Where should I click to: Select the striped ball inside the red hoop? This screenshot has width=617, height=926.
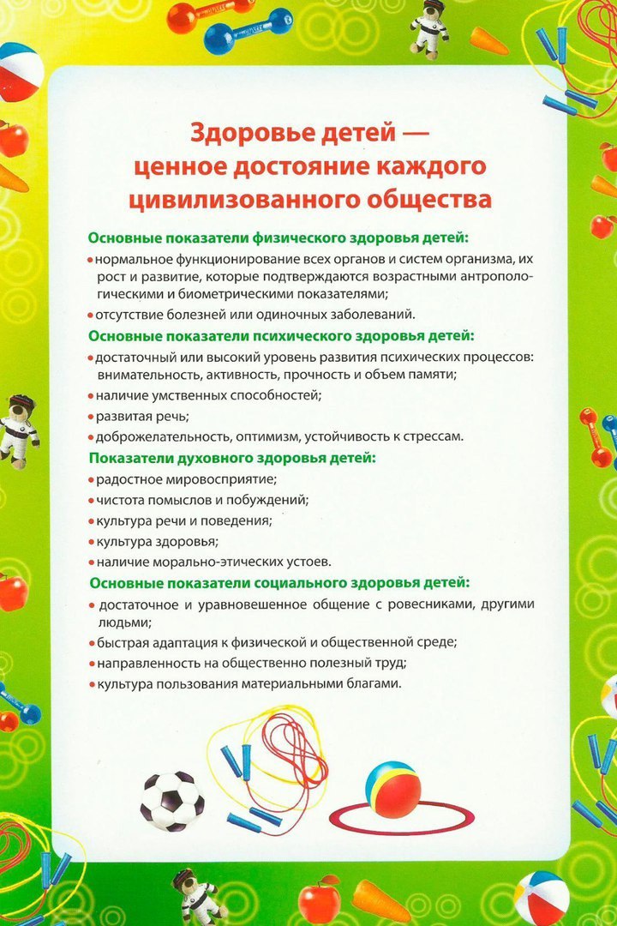point(392,790)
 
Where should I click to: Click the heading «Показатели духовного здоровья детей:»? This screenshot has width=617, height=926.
point(231,458)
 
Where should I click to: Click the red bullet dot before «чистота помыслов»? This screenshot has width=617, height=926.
point(91,500)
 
